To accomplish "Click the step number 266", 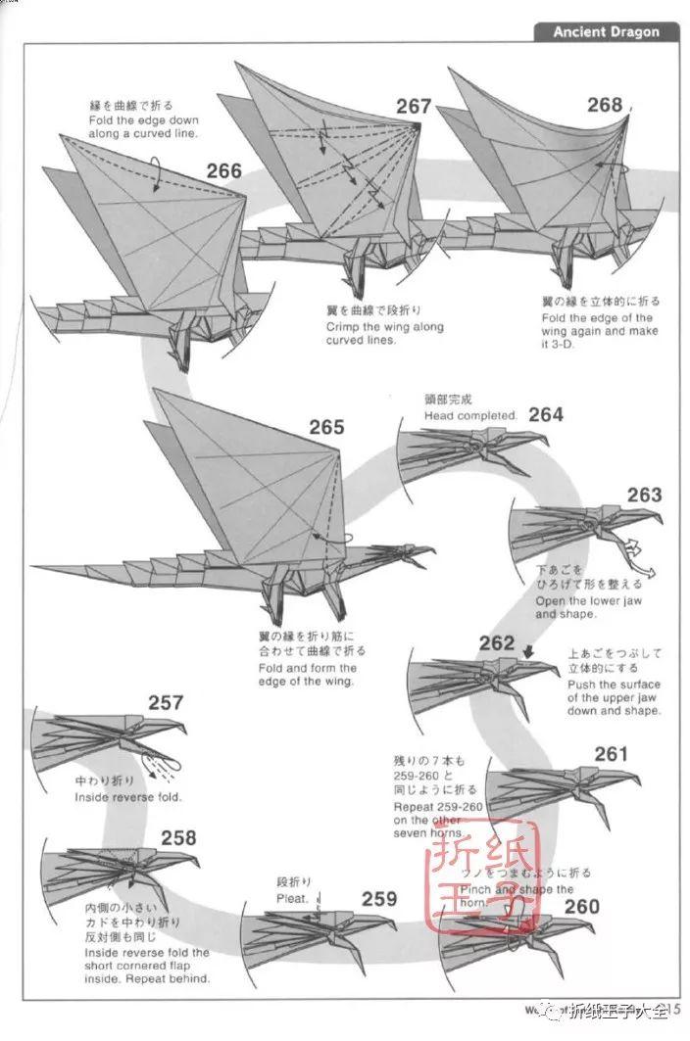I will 223,171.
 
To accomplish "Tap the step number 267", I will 414,106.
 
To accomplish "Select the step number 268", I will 605,105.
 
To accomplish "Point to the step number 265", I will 326,427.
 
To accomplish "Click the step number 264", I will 546,414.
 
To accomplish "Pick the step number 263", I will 644,495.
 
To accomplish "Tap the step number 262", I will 497,642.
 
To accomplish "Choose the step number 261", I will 611,753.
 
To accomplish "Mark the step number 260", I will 581,906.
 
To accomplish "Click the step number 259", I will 379,898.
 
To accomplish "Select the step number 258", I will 178,837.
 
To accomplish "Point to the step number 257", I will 166,702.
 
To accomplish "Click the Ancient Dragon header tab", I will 606,31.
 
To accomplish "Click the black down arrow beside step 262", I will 528,649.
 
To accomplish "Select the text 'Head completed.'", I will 469,415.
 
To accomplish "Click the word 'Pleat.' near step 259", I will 292,897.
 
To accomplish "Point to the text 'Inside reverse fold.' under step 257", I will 128,797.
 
